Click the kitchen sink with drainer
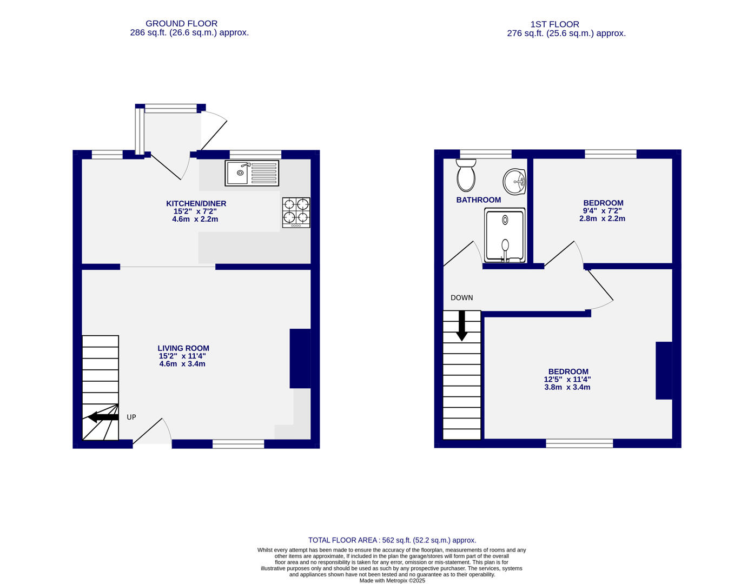click(252, 173)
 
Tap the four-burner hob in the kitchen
click(296, 212)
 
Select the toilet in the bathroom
click(466, 175)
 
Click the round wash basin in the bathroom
click(514, 182)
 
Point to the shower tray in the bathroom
click(505, 236)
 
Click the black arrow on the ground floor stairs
click(103, 417)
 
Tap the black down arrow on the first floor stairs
click(461, 326)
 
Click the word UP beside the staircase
click(131, 417)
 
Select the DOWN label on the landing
click(461, 297)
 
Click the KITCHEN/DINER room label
click(196, 204)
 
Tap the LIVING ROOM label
click(183, 348)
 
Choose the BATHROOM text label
click(478, 200)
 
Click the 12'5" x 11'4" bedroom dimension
click(567, 380)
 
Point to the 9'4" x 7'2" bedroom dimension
click(602, 211)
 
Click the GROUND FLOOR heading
click(181, 23)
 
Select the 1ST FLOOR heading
click(554, 24)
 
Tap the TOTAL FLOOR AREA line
click(392, 540)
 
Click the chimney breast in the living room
click(300, 359)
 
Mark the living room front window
click(238, 444)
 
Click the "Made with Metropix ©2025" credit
click(392, 580)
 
